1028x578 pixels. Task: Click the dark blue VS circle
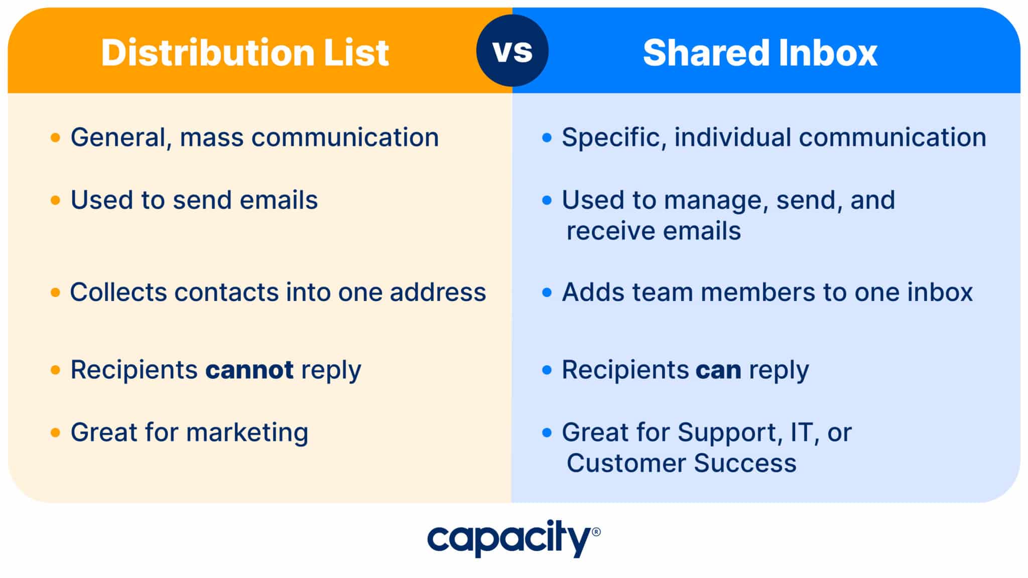512,51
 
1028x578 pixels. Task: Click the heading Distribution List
245,53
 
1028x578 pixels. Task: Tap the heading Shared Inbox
760,53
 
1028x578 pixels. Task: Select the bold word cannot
249,370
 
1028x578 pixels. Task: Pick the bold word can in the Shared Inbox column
718,370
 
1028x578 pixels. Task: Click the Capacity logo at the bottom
509,538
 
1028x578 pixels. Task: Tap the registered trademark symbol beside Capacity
596,532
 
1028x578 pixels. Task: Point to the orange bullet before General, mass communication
55,137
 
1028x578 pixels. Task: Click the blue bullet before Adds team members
547,293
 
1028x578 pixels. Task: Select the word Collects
118,292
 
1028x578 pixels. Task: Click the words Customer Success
681,463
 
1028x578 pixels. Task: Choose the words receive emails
653,231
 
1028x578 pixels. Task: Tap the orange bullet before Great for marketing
55,432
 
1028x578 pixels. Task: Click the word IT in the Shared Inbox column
801,432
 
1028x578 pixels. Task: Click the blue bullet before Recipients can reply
547,370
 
